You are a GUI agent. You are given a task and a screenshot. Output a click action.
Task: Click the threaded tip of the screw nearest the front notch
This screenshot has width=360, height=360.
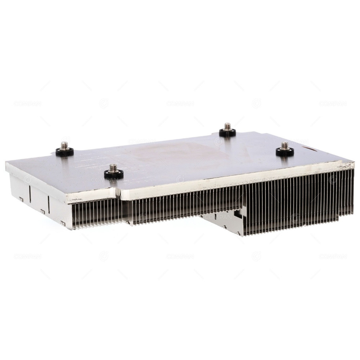[114, 167]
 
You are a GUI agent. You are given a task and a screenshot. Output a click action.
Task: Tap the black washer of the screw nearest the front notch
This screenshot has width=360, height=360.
[114, 175]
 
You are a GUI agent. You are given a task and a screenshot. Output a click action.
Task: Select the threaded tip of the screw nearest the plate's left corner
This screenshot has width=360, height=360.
[64, 145]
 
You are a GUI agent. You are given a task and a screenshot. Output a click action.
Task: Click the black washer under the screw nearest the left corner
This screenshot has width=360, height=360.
[64, 152]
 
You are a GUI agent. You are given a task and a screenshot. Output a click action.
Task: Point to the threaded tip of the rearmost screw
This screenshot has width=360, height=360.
[227, 126]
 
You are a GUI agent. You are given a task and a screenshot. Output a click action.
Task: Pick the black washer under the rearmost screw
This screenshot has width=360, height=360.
[227, 133]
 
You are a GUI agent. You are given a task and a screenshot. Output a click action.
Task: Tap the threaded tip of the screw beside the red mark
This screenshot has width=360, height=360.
[285, 145]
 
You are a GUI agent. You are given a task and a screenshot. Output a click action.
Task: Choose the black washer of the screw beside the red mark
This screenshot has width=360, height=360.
[285, 152]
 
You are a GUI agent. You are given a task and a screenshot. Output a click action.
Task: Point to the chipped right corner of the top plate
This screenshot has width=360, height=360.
[349, 165]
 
